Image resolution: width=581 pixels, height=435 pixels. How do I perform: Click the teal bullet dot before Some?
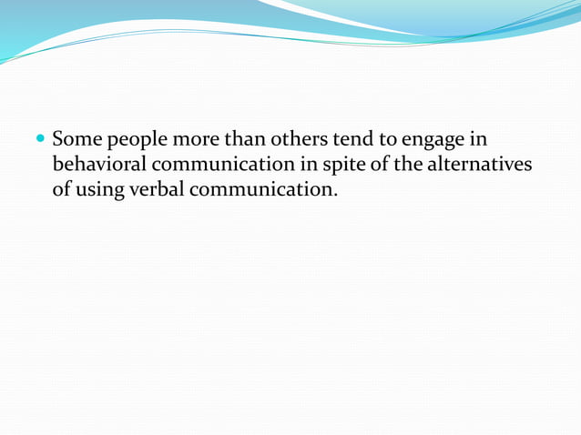(41, 141)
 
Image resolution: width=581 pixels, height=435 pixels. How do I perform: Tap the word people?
(134, 143)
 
